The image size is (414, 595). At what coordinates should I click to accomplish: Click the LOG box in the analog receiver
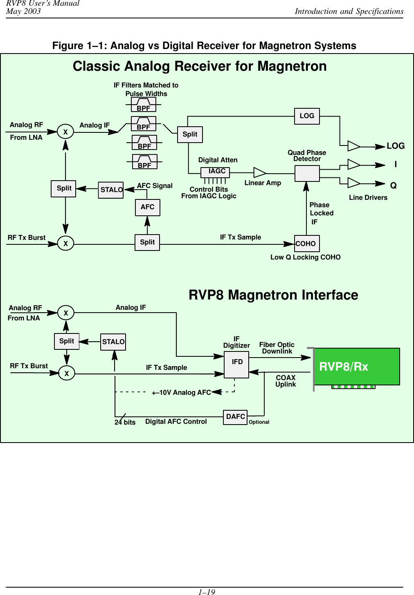coord(307,116)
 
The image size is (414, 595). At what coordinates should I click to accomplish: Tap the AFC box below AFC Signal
coord(147,207)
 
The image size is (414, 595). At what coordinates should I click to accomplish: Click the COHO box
coord(307,244)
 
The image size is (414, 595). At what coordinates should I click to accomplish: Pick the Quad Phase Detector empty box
coord(307,174)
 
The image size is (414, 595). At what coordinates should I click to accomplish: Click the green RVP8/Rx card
coord(356,367)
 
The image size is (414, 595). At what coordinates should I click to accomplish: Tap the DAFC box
coord(235,417)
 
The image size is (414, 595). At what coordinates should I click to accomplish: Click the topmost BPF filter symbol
coord(144,105)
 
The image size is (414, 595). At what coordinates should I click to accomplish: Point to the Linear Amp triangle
coord(259,173)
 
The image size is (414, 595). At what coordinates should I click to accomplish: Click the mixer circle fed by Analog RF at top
coord(65,132)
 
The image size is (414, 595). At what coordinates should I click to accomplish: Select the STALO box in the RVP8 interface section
coord(113,342)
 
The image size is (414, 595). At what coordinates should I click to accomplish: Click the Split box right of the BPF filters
coord(190,134)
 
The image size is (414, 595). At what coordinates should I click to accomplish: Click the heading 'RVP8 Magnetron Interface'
coord(273,295)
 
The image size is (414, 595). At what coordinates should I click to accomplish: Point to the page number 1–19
coord(207,591)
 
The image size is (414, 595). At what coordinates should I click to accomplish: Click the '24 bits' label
coord(125,422)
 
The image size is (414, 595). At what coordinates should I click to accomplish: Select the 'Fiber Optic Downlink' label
coord(277,348)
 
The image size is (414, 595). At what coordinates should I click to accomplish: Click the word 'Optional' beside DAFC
coord(259,422)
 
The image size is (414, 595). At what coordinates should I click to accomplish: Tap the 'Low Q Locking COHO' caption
coord(305,257)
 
